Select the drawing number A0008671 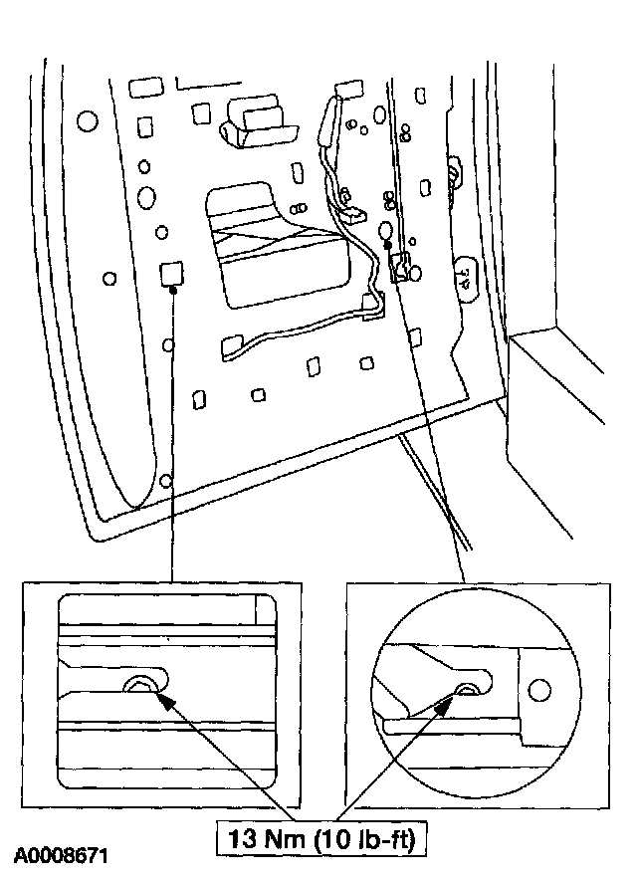tap(61, 855)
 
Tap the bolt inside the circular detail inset tap(465, 690)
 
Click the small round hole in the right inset tap(538, 690)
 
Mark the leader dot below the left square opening tap(173, 291)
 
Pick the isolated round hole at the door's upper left tap(86, 121)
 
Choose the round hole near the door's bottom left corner tap(165, 482)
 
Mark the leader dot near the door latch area tap(388, 244)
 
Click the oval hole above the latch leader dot tap(386, 231)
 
